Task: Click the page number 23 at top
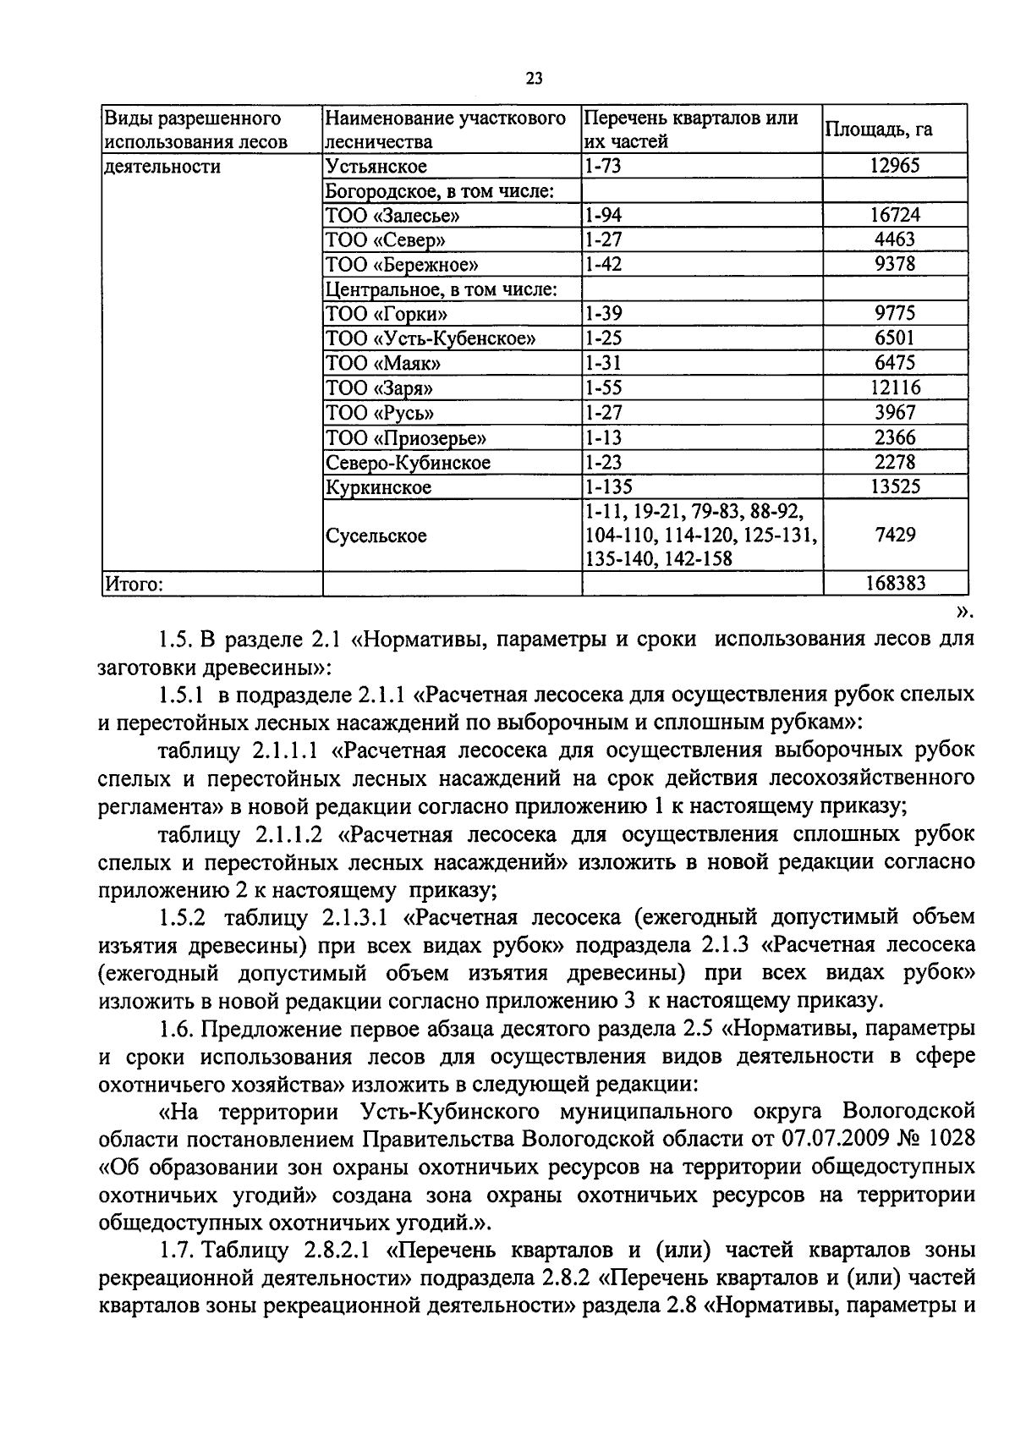tap(534, 79)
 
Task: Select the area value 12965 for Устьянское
tap(894, 166)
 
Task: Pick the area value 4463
tap(894, 240)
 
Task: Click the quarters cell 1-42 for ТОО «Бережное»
tap(603, 265)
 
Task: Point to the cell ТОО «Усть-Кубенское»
tap(431, 339)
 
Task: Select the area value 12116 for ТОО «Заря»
tap(894, 388)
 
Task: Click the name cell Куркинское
tap(377, 487)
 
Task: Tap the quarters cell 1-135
tap(608, 487)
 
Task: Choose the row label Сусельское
tap(376, 536)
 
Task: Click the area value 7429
tap(894, 535)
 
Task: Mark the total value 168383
tap(894, 584)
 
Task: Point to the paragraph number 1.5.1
tap(181, 695)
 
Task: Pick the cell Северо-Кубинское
tap(408, 463)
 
